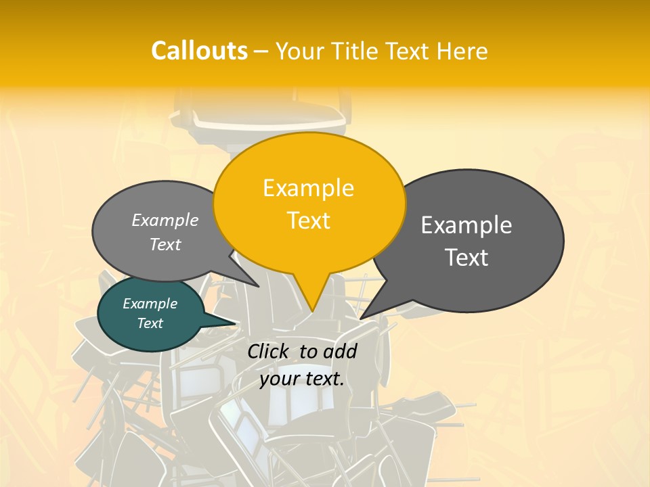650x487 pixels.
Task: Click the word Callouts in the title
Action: click(x=199, y=51)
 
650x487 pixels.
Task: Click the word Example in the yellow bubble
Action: click(x=308, y=188)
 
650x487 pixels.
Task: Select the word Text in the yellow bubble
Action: click(x=309, y=221)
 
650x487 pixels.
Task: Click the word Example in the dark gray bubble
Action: click(x=467, y=225)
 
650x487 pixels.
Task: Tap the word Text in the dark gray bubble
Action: click(x=467, y=258)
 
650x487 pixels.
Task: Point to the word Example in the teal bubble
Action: click(x=150, y=304)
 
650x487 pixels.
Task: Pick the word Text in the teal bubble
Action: click(x=150, y=323)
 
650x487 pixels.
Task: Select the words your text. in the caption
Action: click(x=301, y=379)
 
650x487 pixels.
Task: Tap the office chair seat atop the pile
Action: click(x=271, y=118)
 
